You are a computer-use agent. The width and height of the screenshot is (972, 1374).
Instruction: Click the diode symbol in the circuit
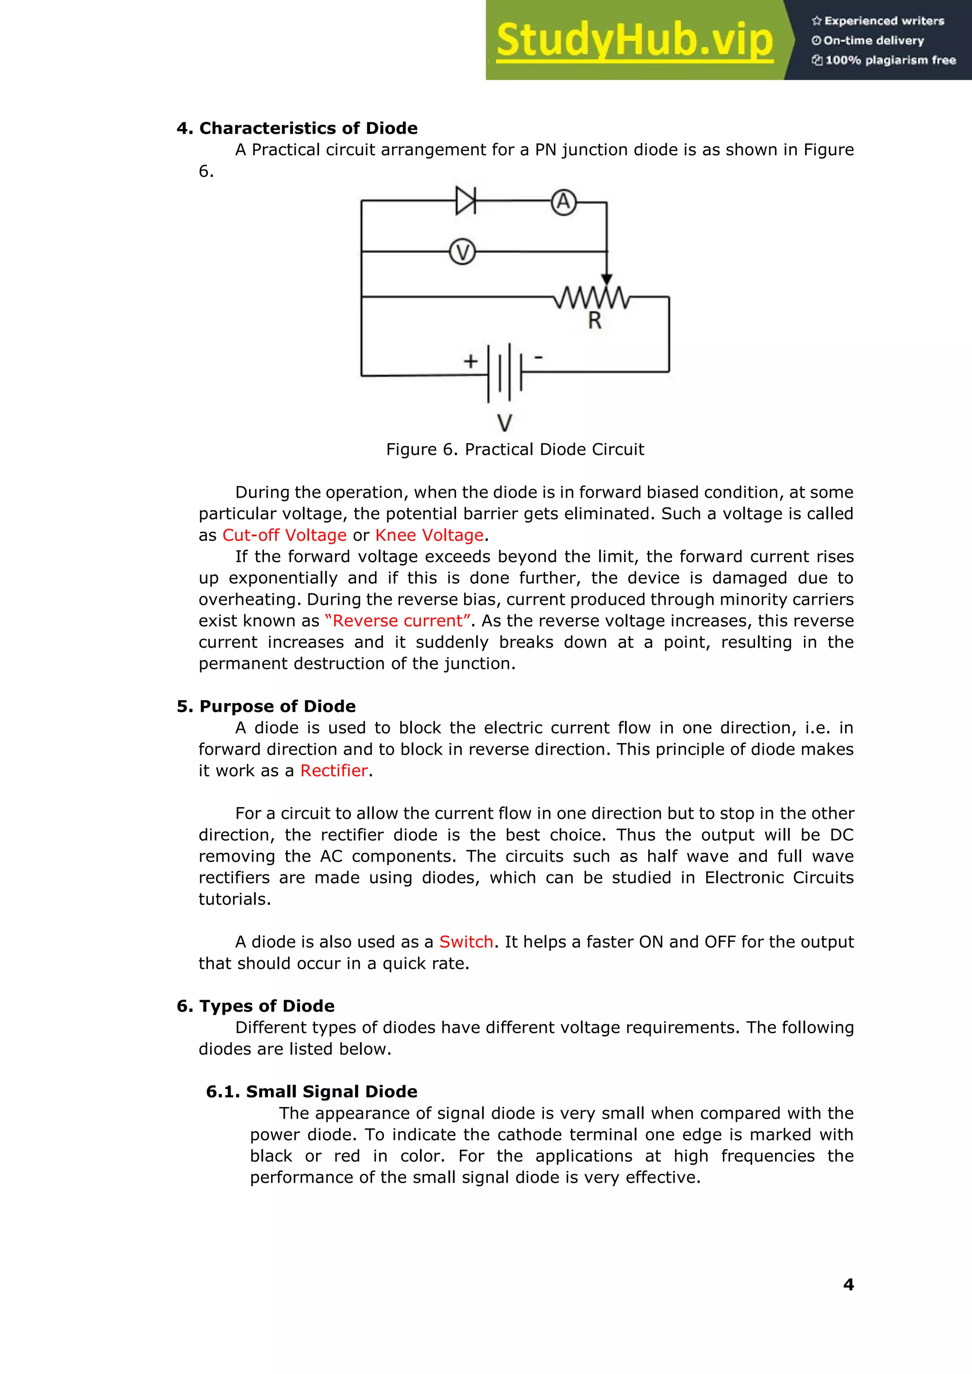point(466,201)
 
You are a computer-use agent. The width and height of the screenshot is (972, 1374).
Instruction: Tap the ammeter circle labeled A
point(563,202)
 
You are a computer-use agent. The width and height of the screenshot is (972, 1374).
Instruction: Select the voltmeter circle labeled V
point(462,252)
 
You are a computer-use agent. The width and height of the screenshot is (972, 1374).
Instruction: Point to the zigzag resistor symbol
point(591,297)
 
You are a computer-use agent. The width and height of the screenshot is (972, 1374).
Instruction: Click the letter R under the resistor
point(594,321)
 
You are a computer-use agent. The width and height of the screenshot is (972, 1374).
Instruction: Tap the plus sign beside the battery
point(470,361)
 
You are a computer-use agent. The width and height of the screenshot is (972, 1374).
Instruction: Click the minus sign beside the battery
point(539,357)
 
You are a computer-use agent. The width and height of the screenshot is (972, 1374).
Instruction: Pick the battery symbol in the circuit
point(505,372)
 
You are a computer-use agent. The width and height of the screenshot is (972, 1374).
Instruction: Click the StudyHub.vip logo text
point(635,40)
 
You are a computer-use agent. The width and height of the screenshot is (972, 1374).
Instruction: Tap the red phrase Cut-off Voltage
point(284,535)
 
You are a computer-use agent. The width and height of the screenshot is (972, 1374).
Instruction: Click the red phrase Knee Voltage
point(429,535)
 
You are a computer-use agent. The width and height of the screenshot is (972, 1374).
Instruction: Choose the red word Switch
point(466,942)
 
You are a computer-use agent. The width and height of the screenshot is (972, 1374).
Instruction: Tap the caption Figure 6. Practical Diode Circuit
point(515,449)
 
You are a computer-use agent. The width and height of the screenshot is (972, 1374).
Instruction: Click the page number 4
point(848,1284)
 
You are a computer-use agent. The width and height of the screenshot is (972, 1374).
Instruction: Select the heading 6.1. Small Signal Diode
point(311,1092)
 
